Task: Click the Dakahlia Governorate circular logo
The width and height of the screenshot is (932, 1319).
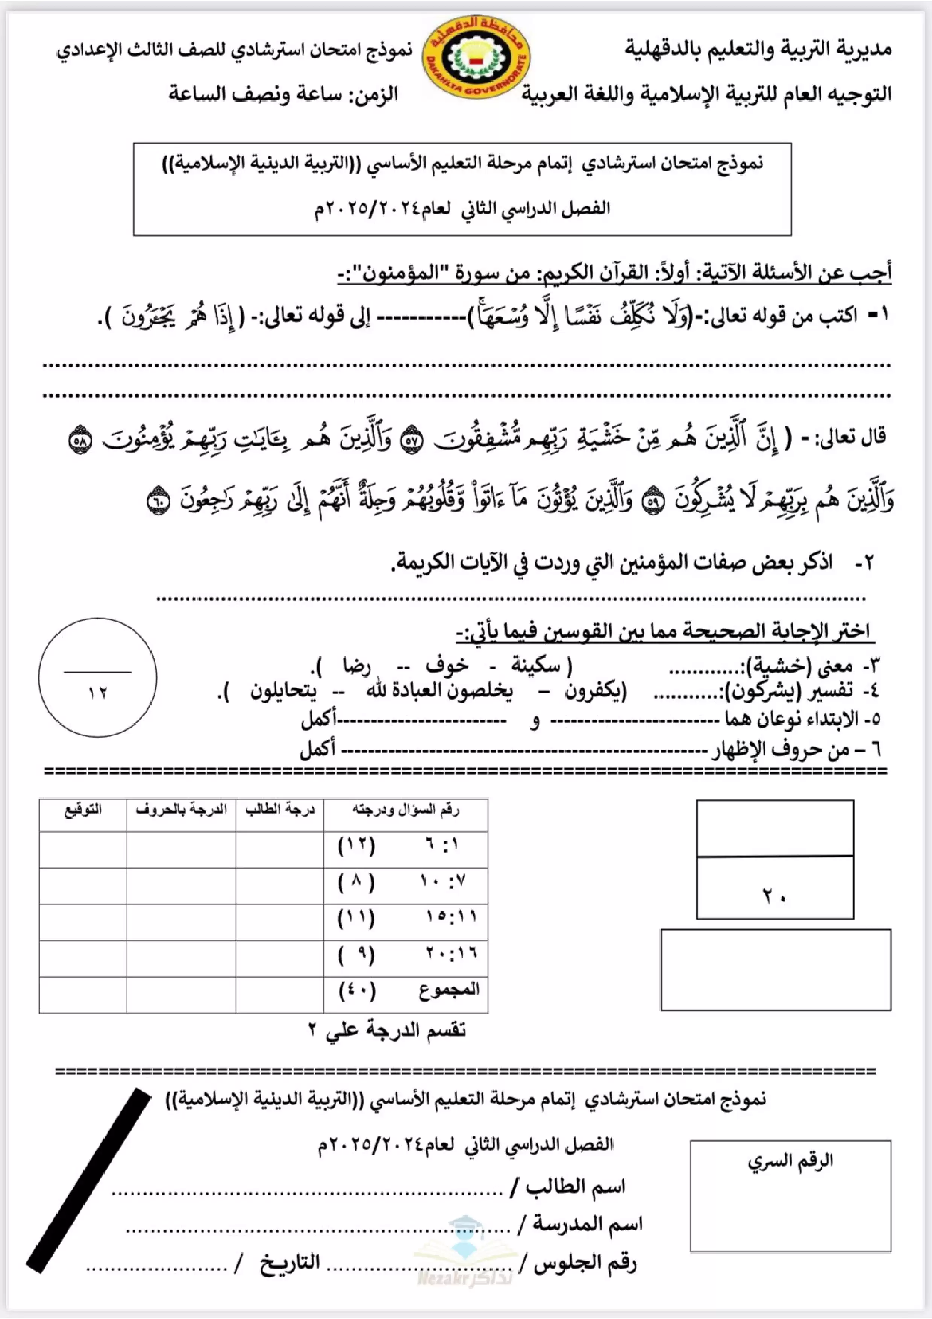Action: [477, 58]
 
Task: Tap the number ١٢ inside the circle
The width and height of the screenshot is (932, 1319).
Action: [98, 693]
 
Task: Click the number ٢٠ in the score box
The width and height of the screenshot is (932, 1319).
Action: [774, 896]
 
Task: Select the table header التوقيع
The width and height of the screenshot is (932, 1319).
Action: [83, 810]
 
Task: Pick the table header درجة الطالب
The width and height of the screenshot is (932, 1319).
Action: [280, 810]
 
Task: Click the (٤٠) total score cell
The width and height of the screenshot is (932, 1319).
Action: [357, 990]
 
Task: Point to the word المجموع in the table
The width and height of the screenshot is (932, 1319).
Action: [449, 989]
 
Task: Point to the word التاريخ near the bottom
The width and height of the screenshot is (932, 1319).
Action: [289, 1263]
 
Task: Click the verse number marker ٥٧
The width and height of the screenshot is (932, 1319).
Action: [411, 441]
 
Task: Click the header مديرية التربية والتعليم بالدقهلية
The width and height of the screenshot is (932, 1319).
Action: [758, 49]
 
